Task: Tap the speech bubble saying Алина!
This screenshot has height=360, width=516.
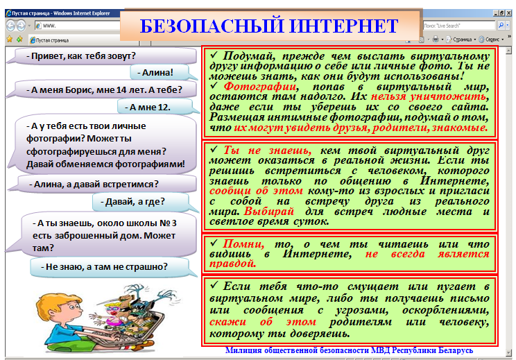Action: pyautogui.click(x=160, y=72)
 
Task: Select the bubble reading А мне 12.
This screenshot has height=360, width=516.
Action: pyautogui.click(x=155, y=108)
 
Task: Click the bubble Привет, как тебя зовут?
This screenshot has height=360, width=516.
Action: pyautogui.click(x=102, y=56)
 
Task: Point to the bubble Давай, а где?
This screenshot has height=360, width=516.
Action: pyautogui.click(x=141, y=202)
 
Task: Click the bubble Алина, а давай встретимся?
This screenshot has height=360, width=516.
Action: pyautogui.click(x=103, y=184)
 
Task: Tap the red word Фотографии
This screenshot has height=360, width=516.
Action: pyautogui.click(x=261, y=87)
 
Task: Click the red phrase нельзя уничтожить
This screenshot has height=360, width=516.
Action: pyautogui.click(x=429, y=96)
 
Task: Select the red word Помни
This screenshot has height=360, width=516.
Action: pyautogui.click(x=243, y=244)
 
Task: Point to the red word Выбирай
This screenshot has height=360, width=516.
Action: pyautogui.click(x=269, y=212)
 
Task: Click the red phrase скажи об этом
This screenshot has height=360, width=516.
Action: pyautogui.click(x=263, y=322)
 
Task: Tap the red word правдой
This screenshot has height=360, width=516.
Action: pyautogui.click(x=232, y=264)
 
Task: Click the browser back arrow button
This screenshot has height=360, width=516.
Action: pyautogui.click(x=10, y=26)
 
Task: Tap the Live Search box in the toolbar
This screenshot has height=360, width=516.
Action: pyautogui.click(x=458, y=26)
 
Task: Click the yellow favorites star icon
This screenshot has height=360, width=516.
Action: pyautogui.click(x=10, y=40)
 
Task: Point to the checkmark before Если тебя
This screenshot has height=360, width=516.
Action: pyautogui.click(x=214, y=284)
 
